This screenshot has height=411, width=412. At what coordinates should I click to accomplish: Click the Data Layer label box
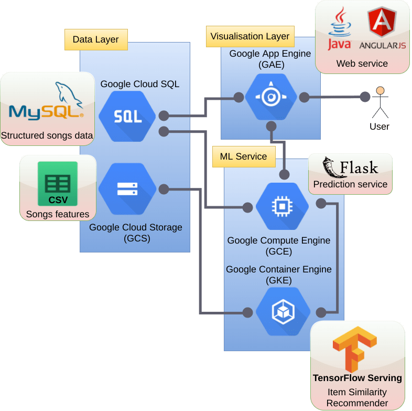96,39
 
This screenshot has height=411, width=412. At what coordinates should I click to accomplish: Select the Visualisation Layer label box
250,36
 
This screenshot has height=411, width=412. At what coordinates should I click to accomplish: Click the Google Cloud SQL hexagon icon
127,116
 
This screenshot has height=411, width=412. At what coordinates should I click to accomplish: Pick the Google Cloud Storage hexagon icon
127,189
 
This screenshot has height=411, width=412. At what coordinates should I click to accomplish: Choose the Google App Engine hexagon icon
271,97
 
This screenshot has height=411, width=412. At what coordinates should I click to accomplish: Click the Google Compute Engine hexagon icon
282,207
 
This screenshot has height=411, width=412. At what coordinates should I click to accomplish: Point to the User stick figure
380,102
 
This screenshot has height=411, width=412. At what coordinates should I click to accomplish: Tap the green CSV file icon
58,184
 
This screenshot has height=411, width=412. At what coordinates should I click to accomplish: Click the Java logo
339,29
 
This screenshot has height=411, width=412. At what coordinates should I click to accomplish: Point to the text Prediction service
350,184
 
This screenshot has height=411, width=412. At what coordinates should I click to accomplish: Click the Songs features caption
58,214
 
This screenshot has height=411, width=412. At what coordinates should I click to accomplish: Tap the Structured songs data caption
47,135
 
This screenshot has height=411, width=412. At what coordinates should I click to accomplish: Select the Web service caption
362,64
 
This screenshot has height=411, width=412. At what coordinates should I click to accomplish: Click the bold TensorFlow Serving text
357,378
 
